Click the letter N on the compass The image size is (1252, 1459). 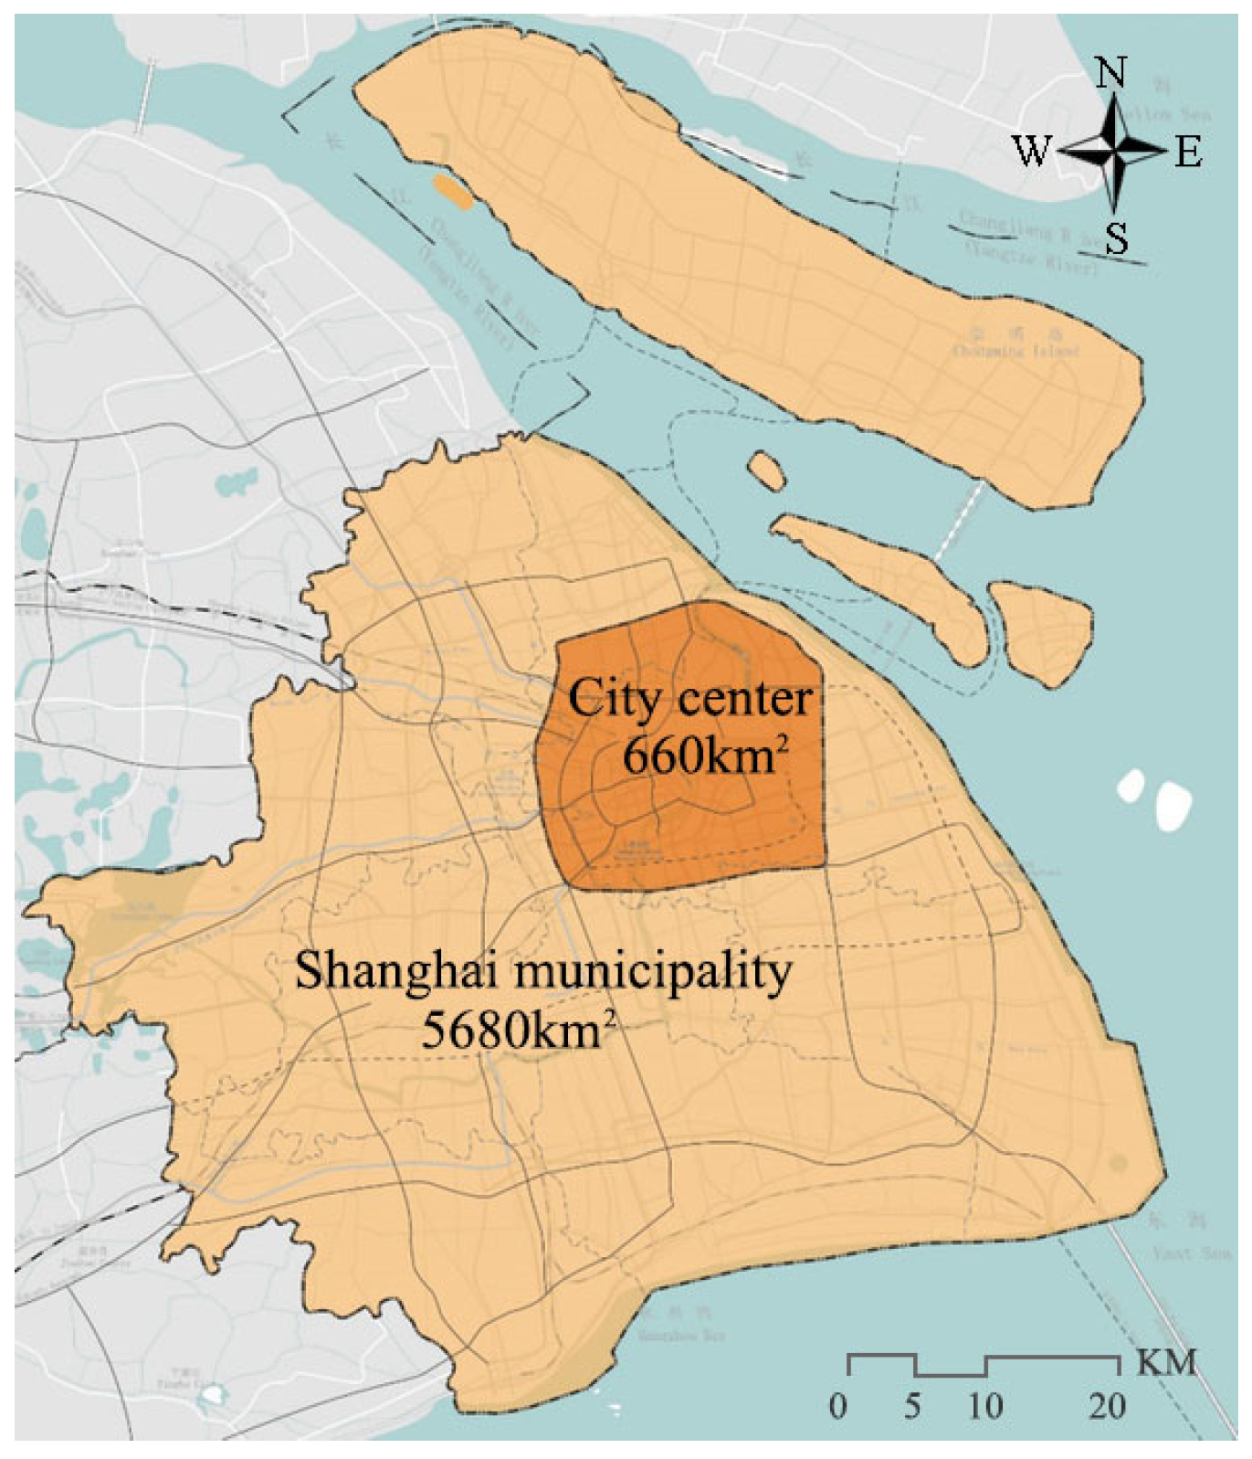coord(1111,72)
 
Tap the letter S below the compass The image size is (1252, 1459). coord(1116,238)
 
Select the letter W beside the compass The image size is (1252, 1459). coord(1032,151)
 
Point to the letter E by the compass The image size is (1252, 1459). coord(1188,152)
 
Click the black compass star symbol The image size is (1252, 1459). coord(1114,151)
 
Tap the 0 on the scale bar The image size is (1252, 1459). coord(838,1405)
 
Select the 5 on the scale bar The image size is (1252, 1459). coord(912,1405)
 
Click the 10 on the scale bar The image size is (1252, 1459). coord(984,1405)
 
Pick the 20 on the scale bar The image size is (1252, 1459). coord(1107,1405)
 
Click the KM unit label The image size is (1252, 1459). coord(1166,1362)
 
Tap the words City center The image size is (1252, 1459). coord(689,699)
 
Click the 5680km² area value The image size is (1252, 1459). coord(517,1031)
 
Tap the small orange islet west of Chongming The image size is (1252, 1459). coord(453,193)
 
